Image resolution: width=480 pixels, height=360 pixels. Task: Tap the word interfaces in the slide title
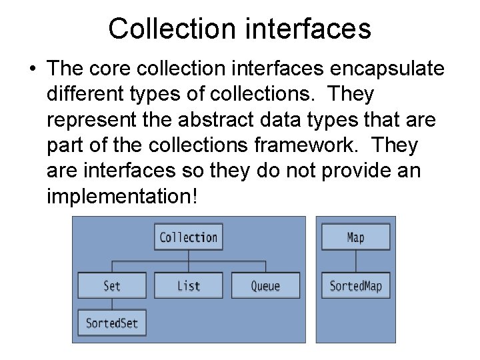[307, 29]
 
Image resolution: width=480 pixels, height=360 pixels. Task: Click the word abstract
[242, 121]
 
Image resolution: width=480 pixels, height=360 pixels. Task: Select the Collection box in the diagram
[189, 237]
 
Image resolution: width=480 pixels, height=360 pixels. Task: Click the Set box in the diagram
[112, 285]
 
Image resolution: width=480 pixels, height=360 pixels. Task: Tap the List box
[189, 285]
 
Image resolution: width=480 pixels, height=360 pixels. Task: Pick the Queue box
[265, 285]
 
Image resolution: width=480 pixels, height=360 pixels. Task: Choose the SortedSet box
[112, 323]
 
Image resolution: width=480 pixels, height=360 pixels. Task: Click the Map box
[356, 237]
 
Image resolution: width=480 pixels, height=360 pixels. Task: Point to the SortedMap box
[356, 286]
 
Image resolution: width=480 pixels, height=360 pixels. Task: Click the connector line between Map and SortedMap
[356, 261]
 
